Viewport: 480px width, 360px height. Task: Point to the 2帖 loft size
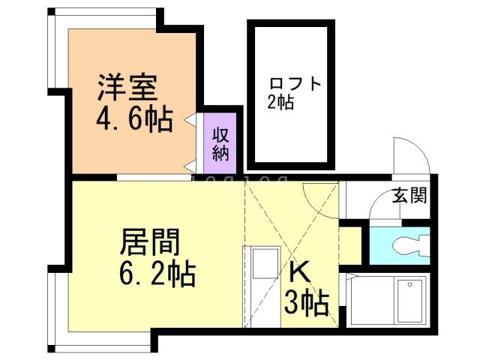(x=280, y=103)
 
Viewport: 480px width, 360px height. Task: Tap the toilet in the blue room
(x=405, y=244)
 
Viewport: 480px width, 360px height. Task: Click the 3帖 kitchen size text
(x=305, y=304)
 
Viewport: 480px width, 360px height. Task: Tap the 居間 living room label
(x=150, y=243)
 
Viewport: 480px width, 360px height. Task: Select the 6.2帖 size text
(x=157, y=274)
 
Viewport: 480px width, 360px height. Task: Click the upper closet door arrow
(x=192, y=118)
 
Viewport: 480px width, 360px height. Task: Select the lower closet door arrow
(x=192, y=165)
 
